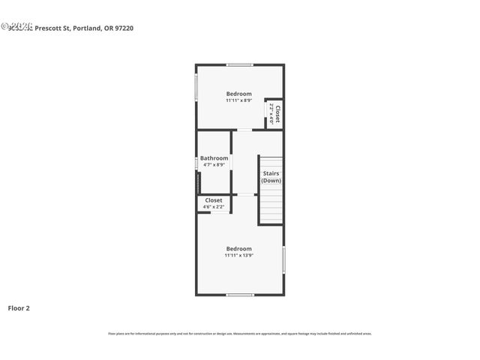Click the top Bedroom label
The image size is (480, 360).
[239, 94]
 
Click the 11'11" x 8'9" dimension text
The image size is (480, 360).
[239, 100]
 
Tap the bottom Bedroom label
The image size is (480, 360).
[239, 248]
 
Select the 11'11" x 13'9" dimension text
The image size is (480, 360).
[239, 255]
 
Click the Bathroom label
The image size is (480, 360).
[214, 158]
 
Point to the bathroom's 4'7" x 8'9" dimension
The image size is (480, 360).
[214, 165]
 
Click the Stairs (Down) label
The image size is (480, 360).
[271, 177]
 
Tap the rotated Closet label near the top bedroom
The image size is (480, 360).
[277, 115]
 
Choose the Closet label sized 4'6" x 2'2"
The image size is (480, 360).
[214, 200]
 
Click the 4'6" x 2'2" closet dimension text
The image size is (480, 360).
[214, 207]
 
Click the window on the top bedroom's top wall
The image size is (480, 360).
[239, 65]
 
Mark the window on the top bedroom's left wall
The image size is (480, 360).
[196, 85]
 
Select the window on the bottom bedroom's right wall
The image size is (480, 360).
[283, 259]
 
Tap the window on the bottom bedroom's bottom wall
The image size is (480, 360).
[239, 295]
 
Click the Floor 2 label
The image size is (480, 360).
[19, 307]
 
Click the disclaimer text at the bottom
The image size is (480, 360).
[239, 334]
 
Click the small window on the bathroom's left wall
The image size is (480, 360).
[196, 163]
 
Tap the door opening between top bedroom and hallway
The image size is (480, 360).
[244, 130]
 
